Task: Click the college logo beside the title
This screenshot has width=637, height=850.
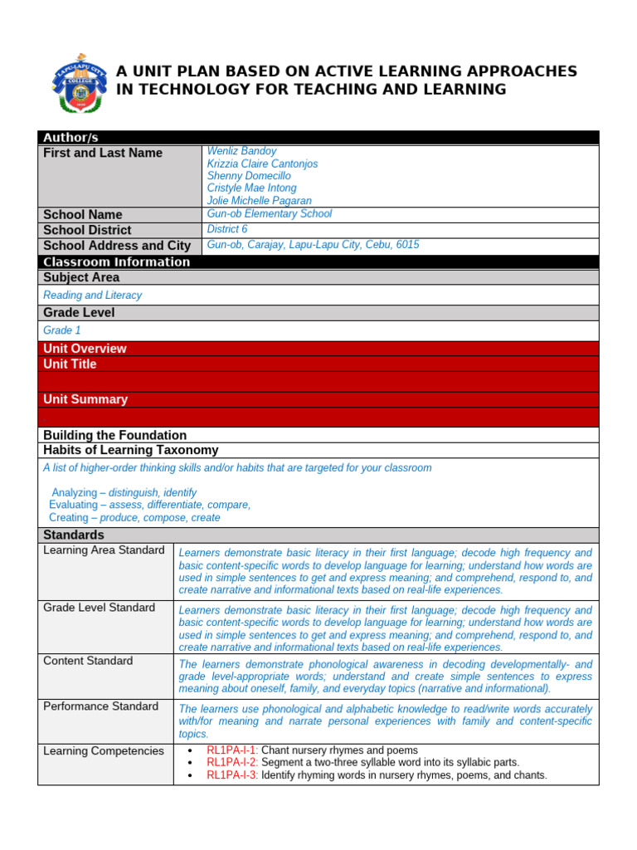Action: [80, 88]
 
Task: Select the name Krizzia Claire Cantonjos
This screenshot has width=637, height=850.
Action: [262, 164]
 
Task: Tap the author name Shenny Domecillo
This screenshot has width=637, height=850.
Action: [249, 176]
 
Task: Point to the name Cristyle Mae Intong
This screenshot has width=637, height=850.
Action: [251, 188]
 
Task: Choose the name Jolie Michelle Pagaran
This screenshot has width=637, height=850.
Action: [259, 201]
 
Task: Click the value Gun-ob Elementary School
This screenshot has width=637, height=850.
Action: [269, 213]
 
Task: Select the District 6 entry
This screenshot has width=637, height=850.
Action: [227, 229]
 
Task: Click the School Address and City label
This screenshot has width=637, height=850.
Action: [117, 246]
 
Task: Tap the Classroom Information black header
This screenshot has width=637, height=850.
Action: [117, 262]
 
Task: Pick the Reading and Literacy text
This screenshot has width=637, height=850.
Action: [92, 296]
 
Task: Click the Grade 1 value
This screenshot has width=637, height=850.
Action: [62, 330]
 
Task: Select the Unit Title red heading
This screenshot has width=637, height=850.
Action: [70, 364]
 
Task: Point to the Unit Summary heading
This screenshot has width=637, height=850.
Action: [85, 399]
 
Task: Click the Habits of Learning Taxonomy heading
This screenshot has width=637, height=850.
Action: [131, 450]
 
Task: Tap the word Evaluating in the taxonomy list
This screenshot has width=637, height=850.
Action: [73, 505]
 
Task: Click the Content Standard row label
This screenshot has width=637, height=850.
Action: [88, 661]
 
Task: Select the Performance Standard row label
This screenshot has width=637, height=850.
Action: [100, 706]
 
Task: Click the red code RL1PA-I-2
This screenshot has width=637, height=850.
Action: [232, 762]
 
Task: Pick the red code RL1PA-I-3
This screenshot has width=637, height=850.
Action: [232, 775]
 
